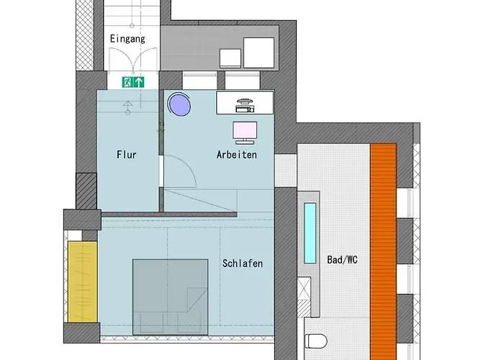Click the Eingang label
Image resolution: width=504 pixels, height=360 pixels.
pos(127,39)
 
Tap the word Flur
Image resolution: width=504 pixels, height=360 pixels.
pos(127,154)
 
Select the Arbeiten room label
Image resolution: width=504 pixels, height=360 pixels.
pos(237,154)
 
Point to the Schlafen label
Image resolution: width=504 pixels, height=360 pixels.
pos(243,264)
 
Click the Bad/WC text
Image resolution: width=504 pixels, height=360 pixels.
pos(343,259)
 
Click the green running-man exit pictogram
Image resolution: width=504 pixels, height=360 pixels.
pos(127,82)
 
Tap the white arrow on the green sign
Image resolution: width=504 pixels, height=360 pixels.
pos(139,82)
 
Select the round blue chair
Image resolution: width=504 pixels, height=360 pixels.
pos(179,104)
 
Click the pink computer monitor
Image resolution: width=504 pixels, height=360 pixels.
pos(245,132)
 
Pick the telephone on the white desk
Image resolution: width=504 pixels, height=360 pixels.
pos(246,103)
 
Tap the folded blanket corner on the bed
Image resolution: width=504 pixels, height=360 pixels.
pos(193,297)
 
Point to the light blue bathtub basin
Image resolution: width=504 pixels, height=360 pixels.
pos(310,233)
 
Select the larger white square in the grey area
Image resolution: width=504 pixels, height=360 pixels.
pos(258,53)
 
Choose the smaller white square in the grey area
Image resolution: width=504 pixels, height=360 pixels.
pos(231,58)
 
